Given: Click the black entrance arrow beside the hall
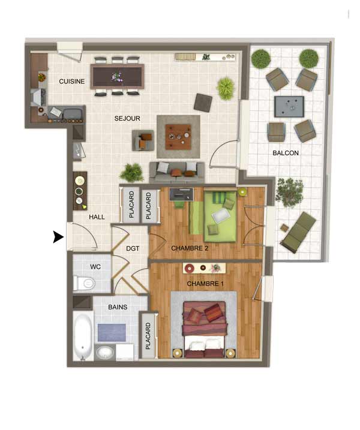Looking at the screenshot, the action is (58, 237).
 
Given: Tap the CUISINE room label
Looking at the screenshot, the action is (72, 82).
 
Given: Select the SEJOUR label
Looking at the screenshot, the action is (127, 119).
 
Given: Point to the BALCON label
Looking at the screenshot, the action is (286, 153).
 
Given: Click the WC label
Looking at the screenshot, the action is (95, 267).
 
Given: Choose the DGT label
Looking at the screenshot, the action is (133, 248).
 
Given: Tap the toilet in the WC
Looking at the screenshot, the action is (84, 283).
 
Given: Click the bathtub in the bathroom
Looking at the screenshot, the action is (83, 336).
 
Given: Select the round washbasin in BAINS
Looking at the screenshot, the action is (105, 353).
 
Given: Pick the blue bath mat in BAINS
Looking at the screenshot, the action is (112, 333).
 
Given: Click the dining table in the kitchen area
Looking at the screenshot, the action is (117, 77).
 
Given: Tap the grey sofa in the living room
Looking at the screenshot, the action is (177, 173).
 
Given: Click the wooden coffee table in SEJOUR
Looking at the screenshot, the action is (178, 137).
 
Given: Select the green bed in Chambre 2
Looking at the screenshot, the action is (220, 216).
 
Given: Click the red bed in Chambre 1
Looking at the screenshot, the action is (205, 329).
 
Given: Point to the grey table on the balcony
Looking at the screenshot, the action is (289, 107).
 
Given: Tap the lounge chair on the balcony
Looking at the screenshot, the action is (298, 233).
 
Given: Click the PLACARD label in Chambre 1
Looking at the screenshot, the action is (148, 336).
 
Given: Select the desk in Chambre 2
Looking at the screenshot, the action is (181, 194).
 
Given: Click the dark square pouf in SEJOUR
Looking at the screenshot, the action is (203, 103).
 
